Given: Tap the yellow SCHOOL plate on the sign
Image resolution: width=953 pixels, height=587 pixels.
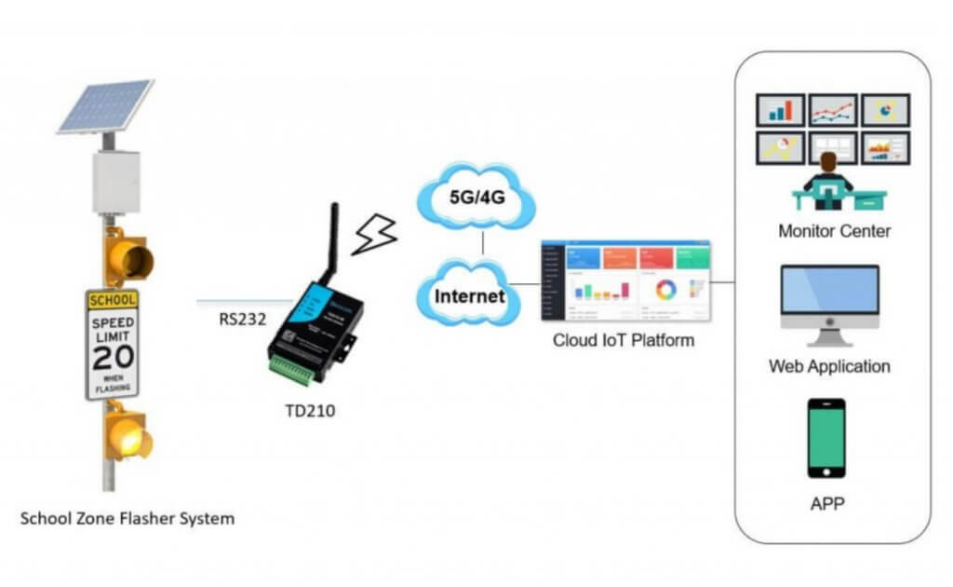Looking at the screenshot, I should [112, 300].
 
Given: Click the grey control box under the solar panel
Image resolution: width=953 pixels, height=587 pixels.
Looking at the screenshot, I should [115, 182].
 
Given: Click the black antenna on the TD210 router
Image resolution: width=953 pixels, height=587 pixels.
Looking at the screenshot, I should [327, 241].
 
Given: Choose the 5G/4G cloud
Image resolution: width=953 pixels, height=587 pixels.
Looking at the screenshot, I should [477, 198].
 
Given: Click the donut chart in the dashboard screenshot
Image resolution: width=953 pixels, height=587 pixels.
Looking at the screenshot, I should [665, 289].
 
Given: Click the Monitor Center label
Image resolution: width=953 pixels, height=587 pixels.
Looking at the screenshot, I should [834, 230].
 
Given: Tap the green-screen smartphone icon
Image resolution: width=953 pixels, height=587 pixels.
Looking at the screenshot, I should [826, 438].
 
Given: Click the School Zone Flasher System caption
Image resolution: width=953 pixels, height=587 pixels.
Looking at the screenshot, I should [128, 518].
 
